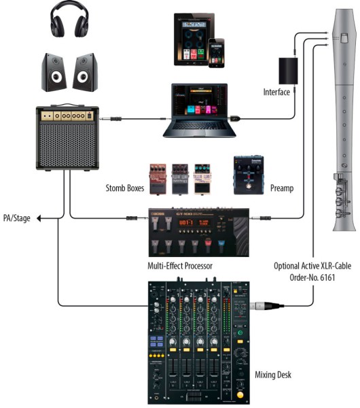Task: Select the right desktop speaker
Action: (x=86, y=73)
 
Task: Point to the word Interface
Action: (x=276, y=92)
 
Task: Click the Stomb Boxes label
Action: (x=126, y=188)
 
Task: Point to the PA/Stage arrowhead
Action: (x=39, y=218)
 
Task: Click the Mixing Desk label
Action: (x=274, y=374)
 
